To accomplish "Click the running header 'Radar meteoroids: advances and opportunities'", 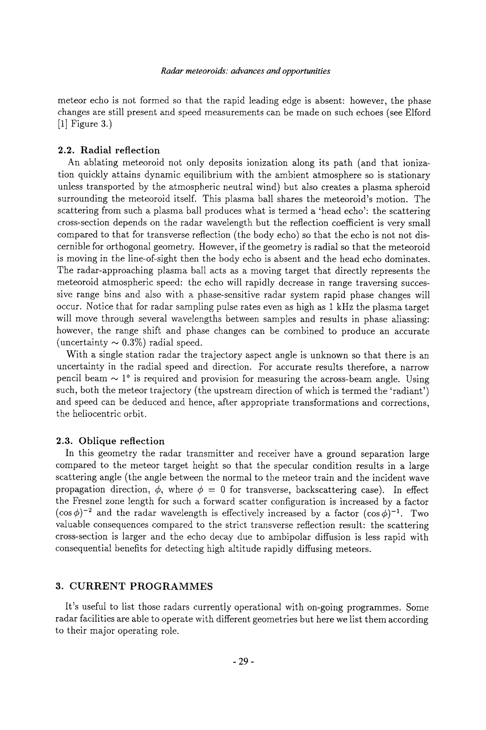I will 245,71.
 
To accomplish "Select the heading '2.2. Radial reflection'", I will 109,150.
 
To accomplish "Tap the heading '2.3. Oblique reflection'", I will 111,441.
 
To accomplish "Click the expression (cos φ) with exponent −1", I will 384,513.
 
